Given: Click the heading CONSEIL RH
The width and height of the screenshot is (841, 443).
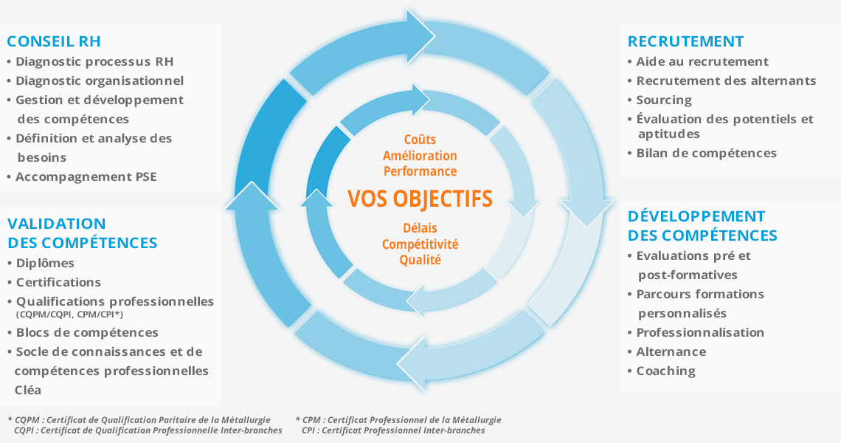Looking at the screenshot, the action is point(54,41).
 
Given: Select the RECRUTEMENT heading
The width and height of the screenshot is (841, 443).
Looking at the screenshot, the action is point(685,41).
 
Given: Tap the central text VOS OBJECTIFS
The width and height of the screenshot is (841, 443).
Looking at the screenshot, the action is point(420,199).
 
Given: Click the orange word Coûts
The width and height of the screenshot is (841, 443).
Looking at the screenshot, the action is point(420,140).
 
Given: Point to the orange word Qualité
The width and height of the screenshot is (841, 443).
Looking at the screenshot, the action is point(420,260).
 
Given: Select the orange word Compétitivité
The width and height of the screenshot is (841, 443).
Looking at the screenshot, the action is point(420,244).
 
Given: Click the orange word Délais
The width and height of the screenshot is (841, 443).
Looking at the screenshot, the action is point(420,228).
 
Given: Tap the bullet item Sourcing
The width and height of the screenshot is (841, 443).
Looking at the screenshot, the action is point(664,100).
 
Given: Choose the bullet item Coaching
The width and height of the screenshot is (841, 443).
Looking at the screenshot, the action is point(665,371).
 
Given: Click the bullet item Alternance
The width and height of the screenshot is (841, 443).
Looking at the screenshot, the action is point(671,351).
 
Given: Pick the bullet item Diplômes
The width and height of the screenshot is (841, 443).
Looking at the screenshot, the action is point(45,263).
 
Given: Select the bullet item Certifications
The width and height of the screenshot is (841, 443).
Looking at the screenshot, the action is point(58,283).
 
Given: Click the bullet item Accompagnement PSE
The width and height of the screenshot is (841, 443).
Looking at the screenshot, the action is point(86,176).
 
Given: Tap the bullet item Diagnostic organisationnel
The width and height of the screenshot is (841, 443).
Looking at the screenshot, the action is point(100,80).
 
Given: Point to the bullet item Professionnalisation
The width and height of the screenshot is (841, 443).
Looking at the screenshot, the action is point(700,332).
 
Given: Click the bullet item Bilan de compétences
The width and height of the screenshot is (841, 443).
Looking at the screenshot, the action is point(707,153).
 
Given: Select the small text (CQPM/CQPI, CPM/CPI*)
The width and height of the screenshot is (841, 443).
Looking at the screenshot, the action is point(70,314).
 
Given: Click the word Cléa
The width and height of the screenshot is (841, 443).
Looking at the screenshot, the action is point(28,390).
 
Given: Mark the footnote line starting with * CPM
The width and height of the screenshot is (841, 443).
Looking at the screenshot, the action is point(398,420).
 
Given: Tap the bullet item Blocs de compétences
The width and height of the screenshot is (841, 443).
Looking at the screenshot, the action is point(87,333).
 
